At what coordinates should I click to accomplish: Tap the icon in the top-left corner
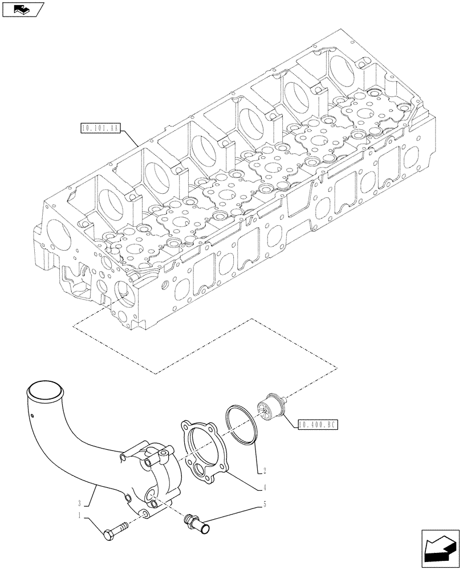pyautogui.click(x=22, y=9)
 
